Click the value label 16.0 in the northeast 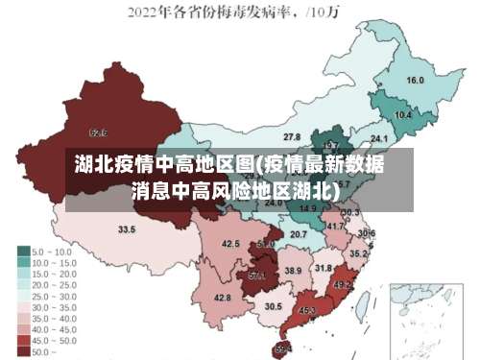415,81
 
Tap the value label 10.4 403,114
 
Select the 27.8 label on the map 292,137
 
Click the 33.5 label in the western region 126,229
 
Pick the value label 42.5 230,244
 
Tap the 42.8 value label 222,298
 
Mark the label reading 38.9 293,272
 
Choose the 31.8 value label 324,268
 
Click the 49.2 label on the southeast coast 342,285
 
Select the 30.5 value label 274,306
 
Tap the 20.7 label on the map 299,234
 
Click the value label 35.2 357,254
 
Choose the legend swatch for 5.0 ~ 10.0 22,252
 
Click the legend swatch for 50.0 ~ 22,352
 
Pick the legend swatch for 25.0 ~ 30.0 22,297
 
